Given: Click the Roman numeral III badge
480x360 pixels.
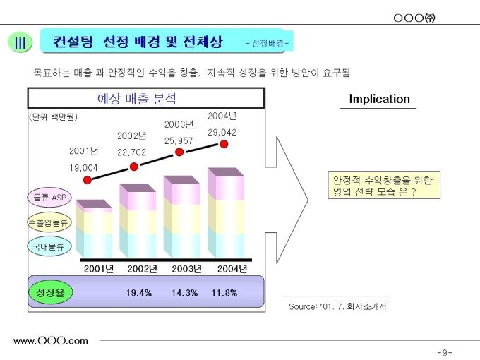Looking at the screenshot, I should click(20, 43).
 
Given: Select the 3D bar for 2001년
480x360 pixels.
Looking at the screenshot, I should click(94, 230).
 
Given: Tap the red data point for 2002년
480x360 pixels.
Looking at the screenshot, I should click(134, 167).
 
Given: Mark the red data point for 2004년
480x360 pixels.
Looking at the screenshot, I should click(224, 144).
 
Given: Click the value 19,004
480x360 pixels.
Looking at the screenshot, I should click(83, 167).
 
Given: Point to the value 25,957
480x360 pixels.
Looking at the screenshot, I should click(179, 140).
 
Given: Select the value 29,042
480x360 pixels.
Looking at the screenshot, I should click(222, 132).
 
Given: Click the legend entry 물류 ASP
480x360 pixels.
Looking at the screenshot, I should click(49, 198).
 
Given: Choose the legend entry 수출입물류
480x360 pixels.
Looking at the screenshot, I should click(49, 222).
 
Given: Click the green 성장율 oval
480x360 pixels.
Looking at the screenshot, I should click(50, 292).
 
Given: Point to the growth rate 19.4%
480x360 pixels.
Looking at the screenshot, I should click(139, 293).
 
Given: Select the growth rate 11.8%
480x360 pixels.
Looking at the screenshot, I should click(224, 293).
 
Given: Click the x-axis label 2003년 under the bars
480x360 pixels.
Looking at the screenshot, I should click(187, 268).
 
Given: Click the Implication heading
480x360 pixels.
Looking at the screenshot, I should click(379, 99).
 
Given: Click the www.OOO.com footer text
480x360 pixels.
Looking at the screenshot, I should click(51, 341).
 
